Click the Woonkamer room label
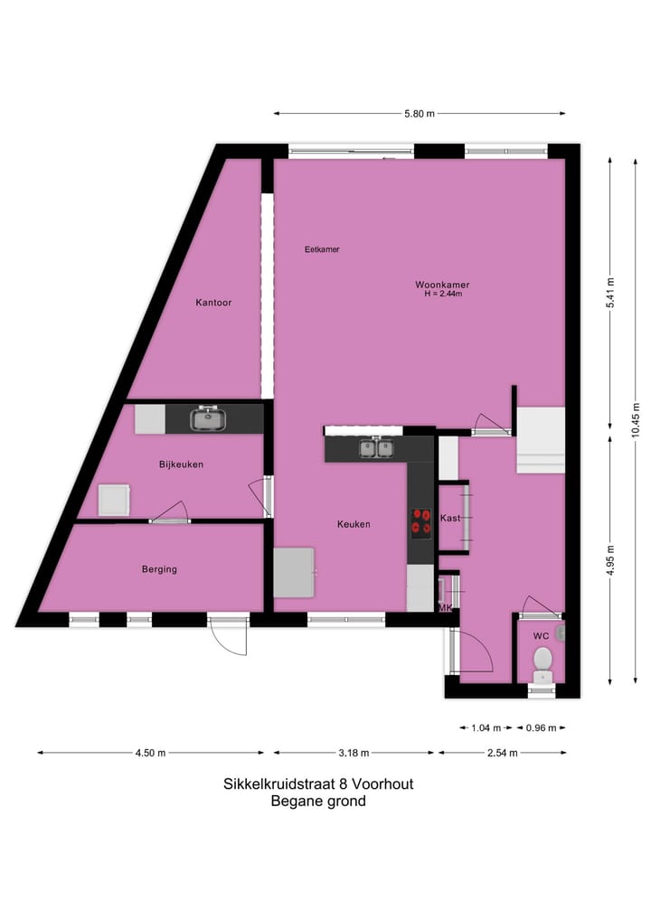(442, 285)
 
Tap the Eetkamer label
(322, 249)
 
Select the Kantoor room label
(213, 303)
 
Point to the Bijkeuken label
(181, 464)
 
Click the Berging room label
(159, 569)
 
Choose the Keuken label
(354, 524)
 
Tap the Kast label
(450, 518)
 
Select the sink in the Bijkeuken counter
(209, 418)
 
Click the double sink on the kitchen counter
(375, 447)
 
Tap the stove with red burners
(421, 521)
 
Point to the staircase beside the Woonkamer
(539, 439)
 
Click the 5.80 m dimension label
(419, 114)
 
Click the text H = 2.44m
(442, 294)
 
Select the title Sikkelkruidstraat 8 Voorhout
(318, 784)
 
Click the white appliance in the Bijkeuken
(114, 500)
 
